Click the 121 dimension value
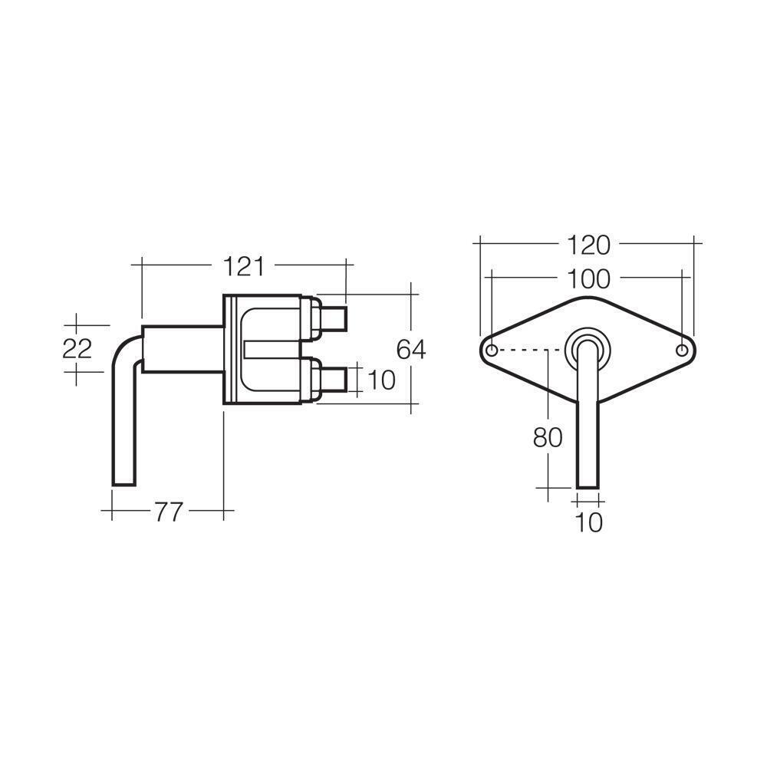click(x=244, y=267)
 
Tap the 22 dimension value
click(x=77, y=349)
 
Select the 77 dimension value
click(x=169, y=512)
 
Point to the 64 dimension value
click(x=411, y=349)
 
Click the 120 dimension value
click(x=588, y=245)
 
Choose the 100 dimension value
click(x=588, y=279)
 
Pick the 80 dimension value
click(x=548, y=437)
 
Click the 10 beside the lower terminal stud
click(x=380, y=380)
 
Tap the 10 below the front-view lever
click(x=588, y=522)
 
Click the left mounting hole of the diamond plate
click(x=492, y=351)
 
